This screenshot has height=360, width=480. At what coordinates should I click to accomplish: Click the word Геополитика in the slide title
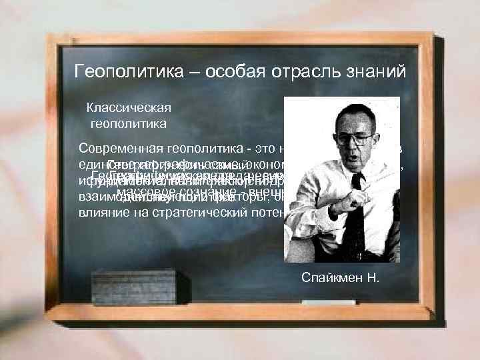pyautogui.click(x=117, y=71)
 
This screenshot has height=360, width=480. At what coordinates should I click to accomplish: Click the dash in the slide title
pyautogui.click(x=166, y=71)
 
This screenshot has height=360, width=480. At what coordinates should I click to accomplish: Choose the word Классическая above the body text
pyautogui.click(x=129, y=107)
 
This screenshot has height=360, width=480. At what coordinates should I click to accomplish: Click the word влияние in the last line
pyautogui.click(x=103, y=213)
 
